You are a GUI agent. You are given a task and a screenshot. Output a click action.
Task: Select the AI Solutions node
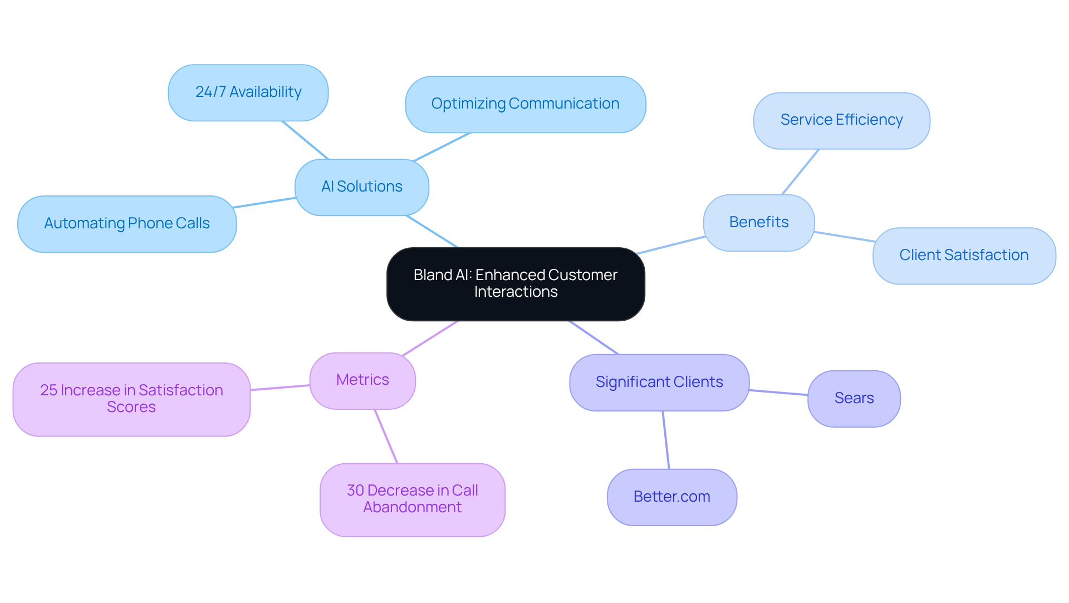(361, 187)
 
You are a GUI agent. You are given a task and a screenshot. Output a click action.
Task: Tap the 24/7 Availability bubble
(248, 92)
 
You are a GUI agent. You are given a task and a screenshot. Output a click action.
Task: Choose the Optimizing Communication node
(525, 104)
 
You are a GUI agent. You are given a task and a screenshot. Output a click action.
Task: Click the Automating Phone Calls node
(127, 224)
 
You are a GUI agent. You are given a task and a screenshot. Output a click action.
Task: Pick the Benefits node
(758, 223)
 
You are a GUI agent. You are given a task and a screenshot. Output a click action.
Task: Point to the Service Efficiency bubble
(841, 120)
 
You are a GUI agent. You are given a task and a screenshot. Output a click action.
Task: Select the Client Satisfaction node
(963, 256)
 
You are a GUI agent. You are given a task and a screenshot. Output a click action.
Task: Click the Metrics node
(362, 380)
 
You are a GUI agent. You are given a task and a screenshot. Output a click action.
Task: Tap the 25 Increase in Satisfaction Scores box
(131, 399)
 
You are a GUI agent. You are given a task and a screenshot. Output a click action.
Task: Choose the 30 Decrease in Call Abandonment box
(412, 499)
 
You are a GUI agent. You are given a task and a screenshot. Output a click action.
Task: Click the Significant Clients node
(659, 383)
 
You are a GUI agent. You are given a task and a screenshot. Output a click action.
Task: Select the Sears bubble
(854, 399)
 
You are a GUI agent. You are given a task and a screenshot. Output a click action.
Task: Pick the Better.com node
(671, 497)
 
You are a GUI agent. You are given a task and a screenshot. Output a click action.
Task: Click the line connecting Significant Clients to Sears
(778, 393)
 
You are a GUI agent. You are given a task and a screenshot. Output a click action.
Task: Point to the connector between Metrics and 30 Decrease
(386, 436)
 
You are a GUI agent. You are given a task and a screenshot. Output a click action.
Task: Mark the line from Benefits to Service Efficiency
(800, 172)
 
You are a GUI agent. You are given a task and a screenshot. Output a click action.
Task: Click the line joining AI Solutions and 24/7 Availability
(305, 140)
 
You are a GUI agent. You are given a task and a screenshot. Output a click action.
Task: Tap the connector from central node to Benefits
(671, 246)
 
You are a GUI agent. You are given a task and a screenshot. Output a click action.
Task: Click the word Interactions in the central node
(516, 292)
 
